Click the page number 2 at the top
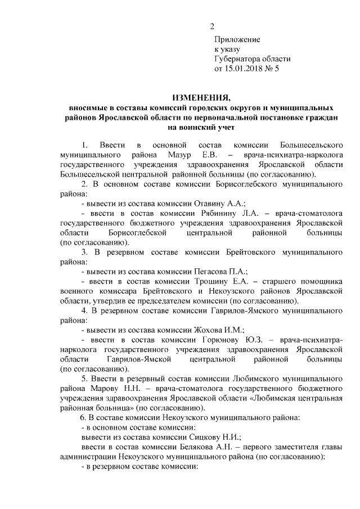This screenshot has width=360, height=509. tap(212, 25)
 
